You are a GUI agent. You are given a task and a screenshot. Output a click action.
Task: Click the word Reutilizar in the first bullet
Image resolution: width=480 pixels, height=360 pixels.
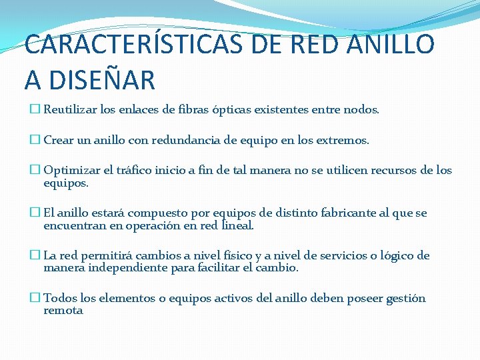click(71, 109)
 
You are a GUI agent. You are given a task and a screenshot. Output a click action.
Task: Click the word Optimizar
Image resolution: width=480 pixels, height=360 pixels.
click(72, 171)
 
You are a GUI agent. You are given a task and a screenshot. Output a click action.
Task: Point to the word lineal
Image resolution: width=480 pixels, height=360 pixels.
click(238, 226)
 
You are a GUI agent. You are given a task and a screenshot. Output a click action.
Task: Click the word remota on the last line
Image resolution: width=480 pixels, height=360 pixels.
click(63, 311)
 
